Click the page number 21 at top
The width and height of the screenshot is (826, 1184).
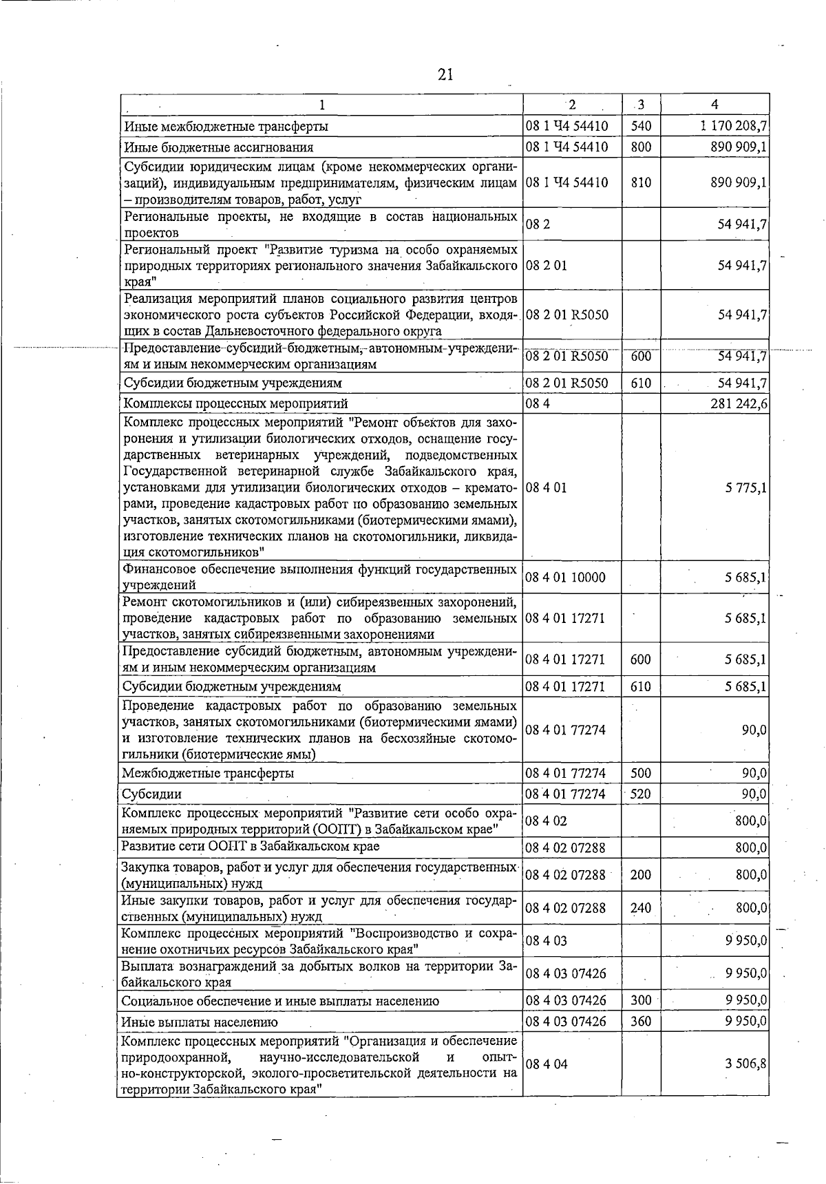coord(445,74)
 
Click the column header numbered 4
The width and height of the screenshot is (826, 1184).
coord(715,105)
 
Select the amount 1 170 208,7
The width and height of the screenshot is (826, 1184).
coord(734,126)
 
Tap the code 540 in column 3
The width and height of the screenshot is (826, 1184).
coord(640,126)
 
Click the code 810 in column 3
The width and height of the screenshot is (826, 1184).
coord(640,183)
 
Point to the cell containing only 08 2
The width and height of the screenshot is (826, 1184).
coord(535,224)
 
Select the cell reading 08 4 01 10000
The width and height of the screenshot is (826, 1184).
coord(565,578)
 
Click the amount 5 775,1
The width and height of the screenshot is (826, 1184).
coord(746,488)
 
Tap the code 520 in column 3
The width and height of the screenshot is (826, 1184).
coord(640,794)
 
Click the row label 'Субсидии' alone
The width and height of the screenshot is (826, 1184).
coord(142,794)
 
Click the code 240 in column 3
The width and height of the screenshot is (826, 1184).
coord(640,908)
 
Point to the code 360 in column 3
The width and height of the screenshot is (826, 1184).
coord(640,1022)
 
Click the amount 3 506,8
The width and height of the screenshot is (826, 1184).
coord(746,1064)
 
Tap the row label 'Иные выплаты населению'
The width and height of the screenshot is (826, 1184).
coord(200,1022)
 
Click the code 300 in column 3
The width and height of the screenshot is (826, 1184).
coord(640,1000)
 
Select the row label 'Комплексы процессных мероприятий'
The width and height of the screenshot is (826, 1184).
coord(235,403)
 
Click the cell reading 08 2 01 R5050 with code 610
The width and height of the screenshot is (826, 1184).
coord(566,383)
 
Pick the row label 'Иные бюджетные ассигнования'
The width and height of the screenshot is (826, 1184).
coord(218,147)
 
